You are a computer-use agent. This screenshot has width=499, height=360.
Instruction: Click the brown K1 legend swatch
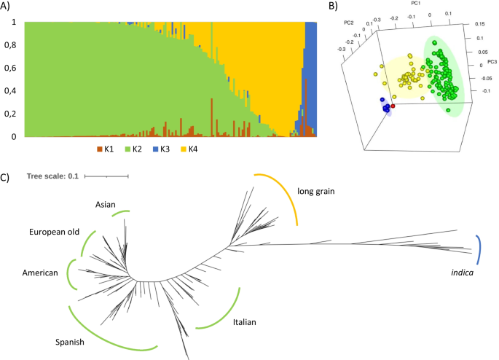[x=99, y=149]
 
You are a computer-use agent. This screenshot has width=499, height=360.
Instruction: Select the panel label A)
[x=9, y=7]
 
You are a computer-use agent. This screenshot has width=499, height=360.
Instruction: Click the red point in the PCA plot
[x=393, y=106]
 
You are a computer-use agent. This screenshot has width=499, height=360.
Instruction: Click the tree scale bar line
[x=106, y=176]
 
